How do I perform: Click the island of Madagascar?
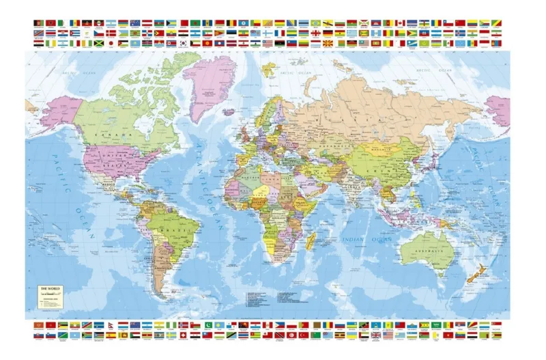pos(312,240)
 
